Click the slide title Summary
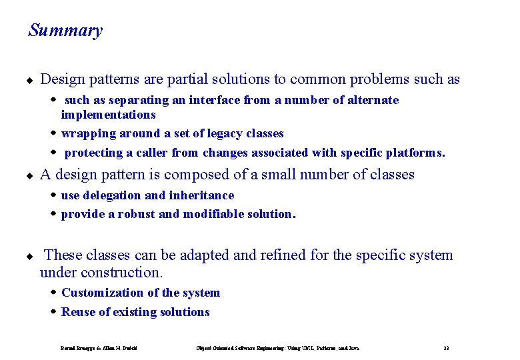(65, 31)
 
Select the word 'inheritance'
(202, 195)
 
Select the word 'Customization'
(101, 293)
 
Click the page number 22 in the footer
(446, 348)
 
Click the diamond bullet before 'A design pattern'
(29, 176)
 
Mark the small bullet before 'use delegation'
(55, 195)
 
